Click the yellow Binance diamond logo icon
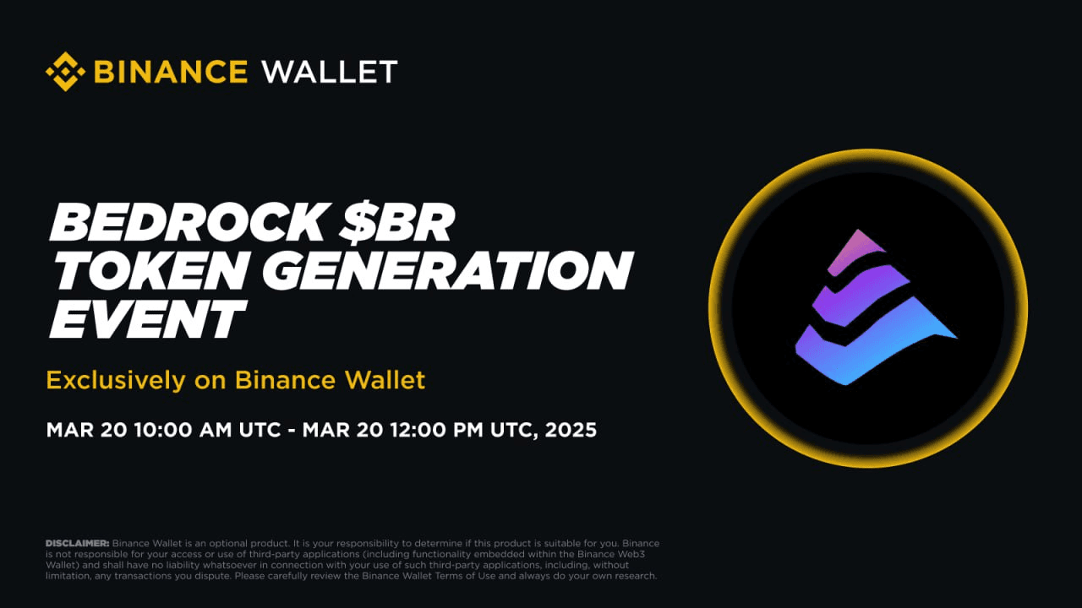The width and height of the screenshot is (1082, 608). click(65, 72)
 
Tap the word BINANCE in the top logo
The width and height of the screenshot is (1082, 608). click(171, 72)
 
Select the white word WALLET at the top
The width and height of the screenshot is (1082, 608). click(330, 72)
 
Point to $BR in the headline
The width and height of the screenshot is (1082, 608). click(396, 221)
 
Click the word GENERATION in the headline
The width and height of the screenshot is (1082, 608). click(448, 270)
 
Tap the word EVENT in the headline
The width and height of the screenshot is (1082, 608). click(148, 318)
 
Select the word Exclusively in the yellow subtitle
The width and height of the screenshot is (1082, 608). click(116, 380)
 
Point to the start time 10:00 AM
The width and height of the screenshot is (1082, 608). click(183, 430)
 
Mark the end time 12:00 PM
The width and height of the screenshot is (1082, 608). click(437, 430)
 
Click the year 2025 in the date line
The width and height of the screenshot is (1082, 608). click(571, 430)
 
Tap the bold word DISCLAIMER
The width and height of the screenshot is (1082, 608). click(77, 543)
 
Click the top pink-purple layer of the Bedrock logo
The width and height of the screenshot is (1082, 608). click(855, 252)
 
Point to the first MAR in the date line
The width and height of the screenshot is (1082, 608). click(70, 430)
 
